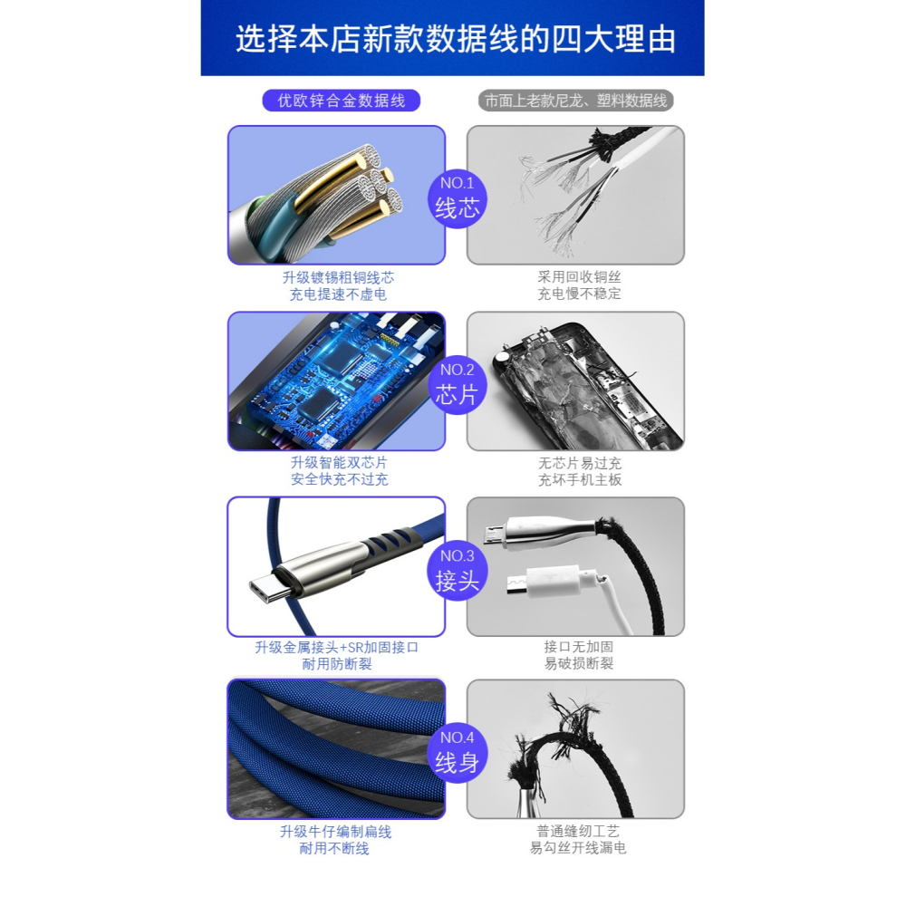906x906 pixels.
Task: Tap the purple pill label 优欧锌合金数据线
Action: click(342, 101)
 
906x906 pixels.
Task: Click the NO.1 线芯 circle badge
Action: click(458, 197)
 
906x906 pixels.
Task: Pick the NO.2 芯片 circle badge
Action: click(458, 383)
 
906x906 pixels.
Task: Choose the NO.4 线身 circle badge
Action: click(458, 752)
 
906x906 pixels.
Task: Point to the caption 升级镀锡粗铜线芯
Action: click(338, 277)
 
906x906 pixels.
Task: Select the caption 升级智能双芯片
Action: click(338, 463)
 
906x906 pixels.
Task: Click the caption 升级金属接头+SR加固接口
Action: click(337, 647)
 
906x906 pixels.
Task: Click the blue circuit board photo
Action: click(336, 381)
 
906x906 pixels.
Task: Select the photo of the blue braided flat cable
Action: click(336, 748)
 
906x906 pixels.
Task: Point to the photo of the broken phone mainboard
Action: click(575, 381)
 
